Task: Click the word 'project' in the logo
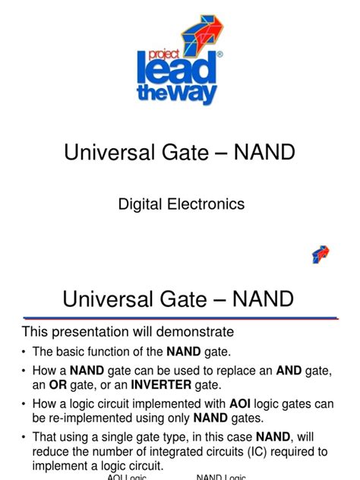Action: [x=164, y=55]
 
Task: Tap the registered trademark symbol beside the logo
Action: [x=219, y=55]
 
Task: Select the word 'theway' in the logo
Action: [x=177, y=93]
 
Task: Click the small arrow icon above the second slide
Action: [x=321, y=254]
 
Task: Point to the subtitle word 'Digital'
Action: [x=140, y=204]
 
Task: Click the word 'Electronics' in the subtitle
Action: [x=206, y=204]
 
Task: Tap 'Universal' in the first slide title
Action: [x=109, y=152]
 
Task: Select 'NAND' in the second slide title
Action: [x=263, y=298]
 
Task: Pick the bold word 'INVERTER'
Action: [x=161, y=385]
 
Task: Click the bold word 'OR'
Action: [x=58, y=385]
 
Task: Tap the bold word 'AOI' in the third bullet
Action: [x=240, y=404]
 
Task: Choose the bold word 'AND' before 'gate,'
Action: [x=289, y=371]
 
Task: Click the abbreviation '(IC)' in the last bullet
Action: [x=257, y=452]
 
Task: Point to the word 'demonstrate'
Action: [x=195, y=332]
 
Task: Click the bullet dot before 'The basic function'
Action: [x=24, y=352]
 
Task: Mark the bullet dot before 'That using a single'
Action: [x=24, y=437]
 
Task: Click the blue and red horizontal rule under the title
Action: [x=181, y=318]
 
